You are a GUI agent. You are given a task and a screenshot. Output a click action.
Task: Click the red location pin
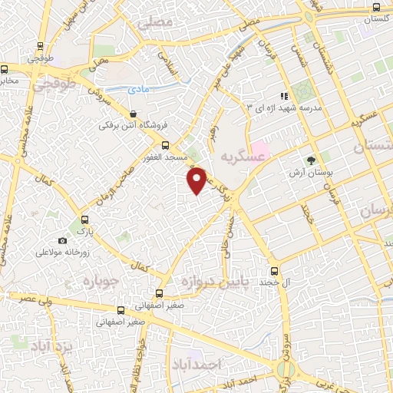[197, 180]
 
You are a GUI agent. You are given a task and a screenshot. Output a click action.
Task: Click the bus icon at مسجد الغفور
[165, 144]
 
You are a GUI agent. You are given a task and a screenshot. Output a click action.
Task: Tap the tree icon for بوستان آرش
[311, 161]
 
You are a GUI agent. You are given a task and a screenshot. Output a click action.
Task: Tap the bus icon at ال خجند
[275, 271]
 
